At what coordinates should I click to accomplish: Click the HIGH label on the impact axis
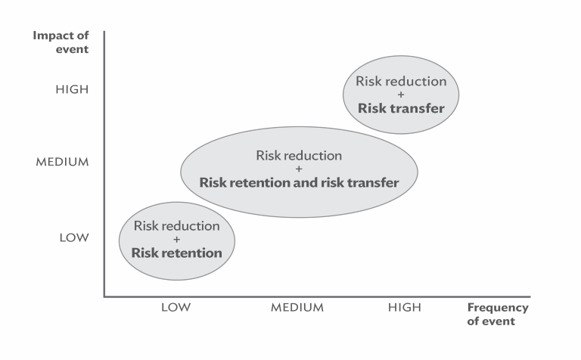72,89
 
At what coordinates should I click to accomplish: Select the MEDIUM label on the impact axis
62,162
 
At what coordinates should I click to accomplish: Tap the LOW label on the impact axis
74,237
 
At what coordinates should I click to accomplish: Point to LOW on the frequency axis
176,307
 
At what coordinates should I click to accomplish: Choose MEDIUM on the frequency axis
297,307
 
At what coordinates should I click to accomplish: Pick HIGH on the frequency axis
405,307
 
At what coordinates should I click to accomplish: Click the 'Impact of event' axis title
61,42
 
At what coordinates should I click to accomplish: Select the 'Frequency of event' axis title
498,314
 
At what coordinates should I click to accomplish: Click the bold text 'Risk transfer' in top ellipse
401,108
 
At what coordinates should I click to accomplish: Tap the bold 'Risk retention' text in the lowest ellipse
177,253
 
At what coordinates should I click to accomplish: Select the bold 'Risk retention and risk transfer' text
299,182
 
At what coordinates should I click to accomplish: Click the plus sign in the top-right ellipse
400,95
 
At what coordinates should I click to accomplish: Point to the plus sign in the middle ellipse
299,169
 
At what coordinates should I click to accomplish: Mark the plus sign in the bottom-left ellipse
176,239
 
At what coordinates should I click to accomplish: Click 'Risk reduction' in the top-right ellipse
401,81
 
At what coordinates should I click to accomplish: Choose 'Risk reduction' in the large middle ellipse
299,155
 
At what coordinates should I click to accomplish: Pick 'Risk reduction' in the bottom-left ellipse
177,225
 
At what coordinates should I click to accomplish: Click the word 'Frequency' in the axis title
498,308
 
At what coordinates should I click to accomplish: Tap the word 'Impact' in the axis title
51,36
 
